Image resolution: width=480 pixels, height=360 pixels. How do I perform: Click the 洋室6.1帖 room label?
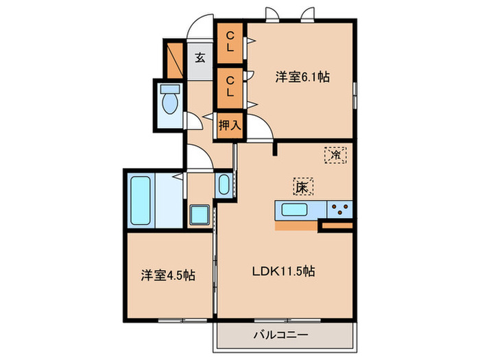click(x=302, y=77)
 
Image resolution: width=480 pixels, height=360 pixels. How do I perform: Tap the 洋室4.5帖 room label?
click(x=167, y=275)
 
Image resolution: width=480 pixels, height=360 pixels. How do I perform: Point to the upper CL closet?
click(x=230, y=43)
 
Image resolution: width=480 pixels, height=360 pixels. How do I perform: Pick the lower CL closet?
click(x=230, y=86)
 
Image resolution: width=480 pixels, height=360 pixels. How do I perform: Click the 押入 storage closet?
click(x=229, y=125)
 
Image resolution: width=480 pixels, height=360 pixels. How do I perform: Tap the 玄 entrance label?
click(x=200, y=58)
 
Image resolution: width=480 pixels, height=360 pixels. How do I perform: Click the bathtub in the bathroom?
click(x=140, y=200)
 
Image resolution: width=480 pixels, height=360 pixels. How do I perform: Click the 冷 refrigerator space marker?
click(x=335, y=156)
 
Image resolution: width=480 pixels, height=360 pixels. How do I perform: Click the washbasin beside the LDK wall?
click(x=224, y=186)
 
